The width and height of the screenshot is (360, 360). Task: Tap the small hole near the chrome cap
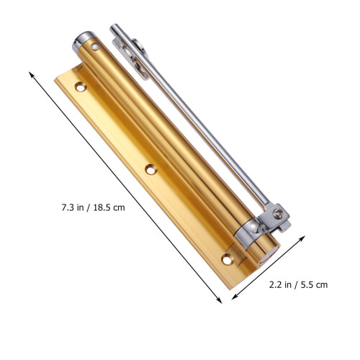click(x=95, y=46)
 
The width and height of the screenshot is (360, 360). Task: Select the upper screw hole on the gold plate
click(x=81, y=86)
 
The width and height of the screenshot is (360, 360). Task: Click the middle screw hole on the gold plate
click(x=151, y=169)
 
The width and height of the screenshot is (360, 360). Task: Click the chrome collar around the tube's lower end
click(x=247, y=232)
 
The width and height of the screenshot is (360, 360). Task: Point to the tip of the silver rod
click(x=113, y=27)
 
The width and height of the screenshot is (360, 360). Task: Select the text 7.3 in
click(x=73, y=207)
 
